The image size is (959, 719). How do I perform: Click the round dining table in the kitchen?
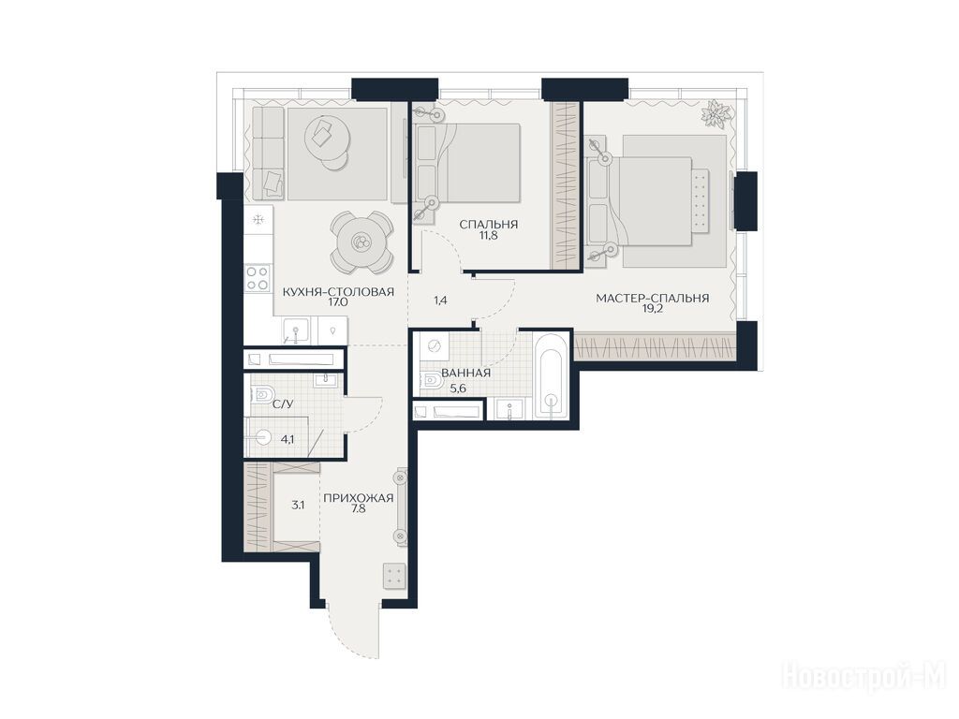click(x=361, y=242)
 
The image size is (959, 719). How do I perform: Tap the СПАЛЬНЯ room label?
click(x=489, y=225)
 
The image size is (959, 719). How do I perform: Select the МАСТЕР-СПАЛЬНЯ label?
click(x=653, y=299)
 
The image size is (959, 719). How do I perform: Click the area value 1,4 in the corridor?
click(x=441, y=301)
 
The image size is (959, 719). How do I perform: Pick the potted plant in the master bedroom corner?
click(x=716, y=113)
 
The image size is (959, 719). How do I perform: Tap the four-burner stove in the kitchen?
click(x=258, y=278)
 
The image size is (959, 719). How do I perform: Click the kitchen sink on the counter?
click(x=296, y=330)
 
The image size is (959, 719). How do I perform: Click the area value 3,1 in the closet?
click(x=298, y=505)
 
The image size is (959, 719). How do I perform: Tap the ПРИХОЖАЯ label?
click(x=358, y=498)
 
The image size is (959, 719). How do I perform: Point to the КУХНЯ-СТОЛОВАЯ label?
click(x=338, y=292)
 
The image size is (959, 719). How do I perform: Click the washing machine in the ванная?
click(x=435, y=346)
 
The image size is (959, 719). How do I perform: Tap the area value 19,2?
click(x=652, y=309)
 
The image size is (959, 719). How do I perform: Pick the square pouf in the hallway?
click(x=394, y=576)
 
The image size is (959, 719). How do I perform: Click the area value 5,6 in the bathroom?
click(x=459, y=387)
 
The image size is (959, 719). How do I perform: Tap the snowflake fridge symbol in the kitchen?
click(x=258, y=218)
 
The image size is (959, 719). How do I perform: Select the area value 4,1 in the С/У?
click(x=288, y=439)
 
